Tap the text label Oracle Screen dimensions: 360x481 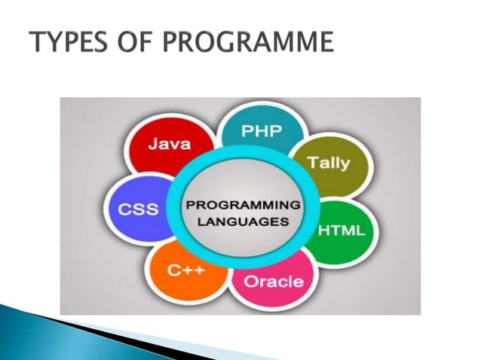274,282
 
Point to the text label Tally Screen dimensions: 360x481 329,163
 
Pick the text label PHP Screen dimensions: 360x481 262,131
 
